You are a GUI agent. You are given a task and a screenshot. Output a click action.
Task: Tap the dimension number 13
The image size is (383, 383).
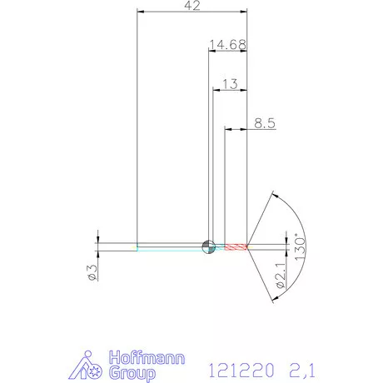[x=230, y=84]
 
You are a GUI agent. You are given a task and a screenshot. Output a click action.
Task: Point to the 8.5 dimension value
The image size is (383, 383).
[x=266, y=122]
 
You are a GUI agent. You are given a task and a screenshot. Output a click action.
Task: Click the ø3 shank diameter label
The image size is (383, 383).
[x=93, y=271]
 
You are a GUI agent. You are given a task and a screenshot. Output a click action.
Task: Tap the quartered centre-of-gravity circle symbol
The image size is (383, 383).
[x=208, y=245]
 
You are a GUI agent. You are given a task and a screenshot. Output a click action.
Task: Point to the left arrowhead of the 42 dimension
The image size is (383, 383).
[x=141, y=12]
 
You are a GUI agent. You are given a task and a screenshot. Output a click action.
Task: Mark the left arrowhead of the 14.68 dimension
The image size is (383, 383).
[x=211, y=49]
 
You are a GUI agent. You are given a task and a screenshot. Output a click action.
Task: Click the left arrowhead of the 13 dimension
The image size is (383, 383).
[x=217, y=90]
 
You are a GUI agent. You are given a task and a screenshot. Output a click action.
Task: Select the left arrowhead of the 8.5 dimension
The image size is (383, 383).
[x=231, y=128]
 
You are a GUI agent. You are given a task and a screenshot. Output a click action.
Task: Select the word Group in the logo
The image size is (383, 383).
[x=133, y=373]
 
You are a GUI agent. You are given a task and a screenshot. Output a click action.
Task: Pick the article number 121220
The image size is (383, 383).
[x=234, y=368]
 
